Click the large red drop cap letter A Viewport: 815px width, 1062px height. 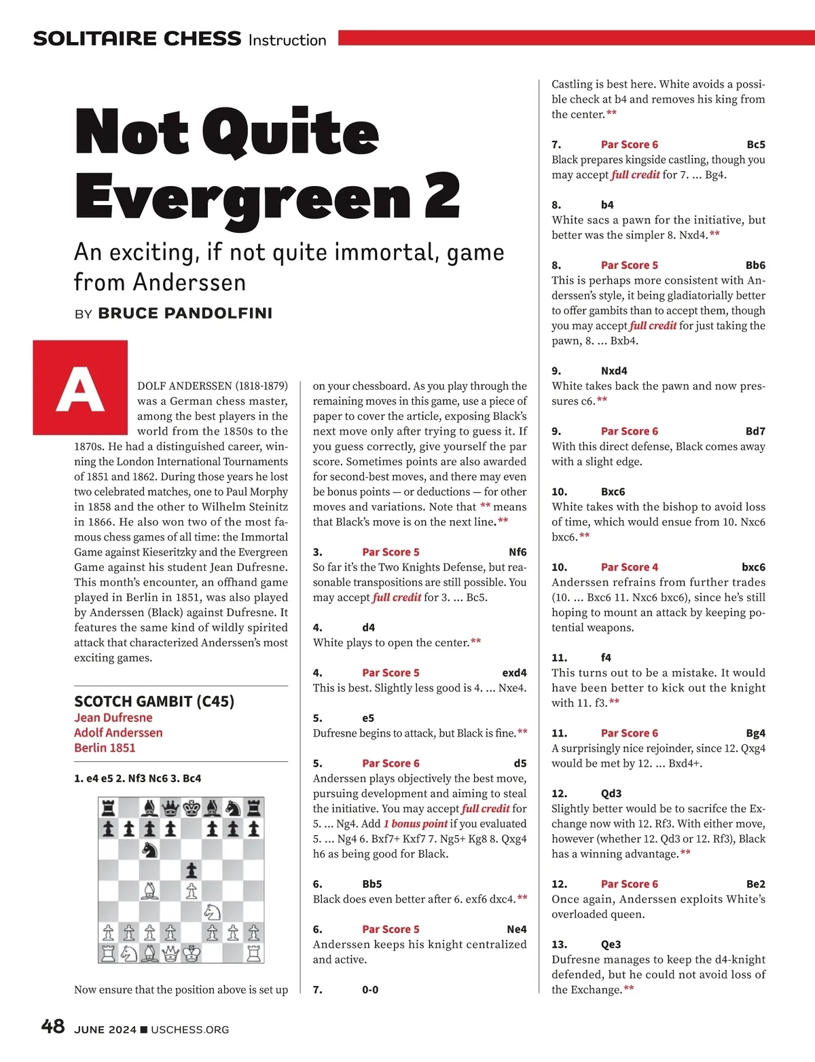[x=80, y=388]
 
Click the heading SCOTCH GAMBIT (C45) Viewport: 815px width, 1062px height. [x=154, y=701]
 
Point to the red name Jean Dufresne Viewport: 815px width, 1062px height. [x=113, y=718]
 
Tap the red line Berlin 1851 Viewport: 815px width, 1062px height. [x=105, y=748]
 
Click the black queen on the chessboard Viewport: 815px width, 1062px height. [x=171, y=808]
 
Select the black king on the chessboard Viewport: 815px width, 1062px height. [x=192, y=808]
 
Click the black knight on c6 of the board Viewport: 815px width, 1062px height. [x=150, y=849]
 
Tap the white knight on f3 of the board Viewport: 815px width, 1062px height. [x=213, y=911]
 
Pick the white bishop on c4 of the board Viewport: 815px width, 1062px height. [x=150, y=891]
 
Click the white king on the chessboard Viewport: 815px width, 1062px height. [x=192, y=953]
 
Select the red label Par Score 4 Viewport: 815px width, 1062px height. [x=629, y=567]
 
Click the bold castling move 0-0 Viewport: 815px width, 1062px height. [x=370, y=990]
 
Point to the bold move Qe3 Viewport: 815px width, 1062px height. [x=611, y=945]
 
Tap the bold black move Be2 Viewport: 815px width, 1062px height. [x=755, y=884]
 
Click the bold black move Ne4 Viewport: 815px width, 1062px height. [x=516, y=930]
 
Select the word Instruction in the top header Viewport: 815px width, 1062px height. [x=287, y=40]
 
